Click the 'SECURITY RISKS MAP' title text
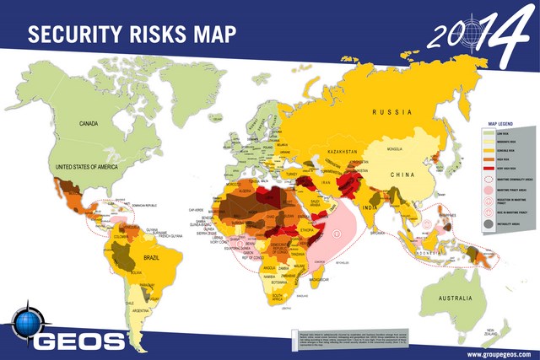pos(132,33)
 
